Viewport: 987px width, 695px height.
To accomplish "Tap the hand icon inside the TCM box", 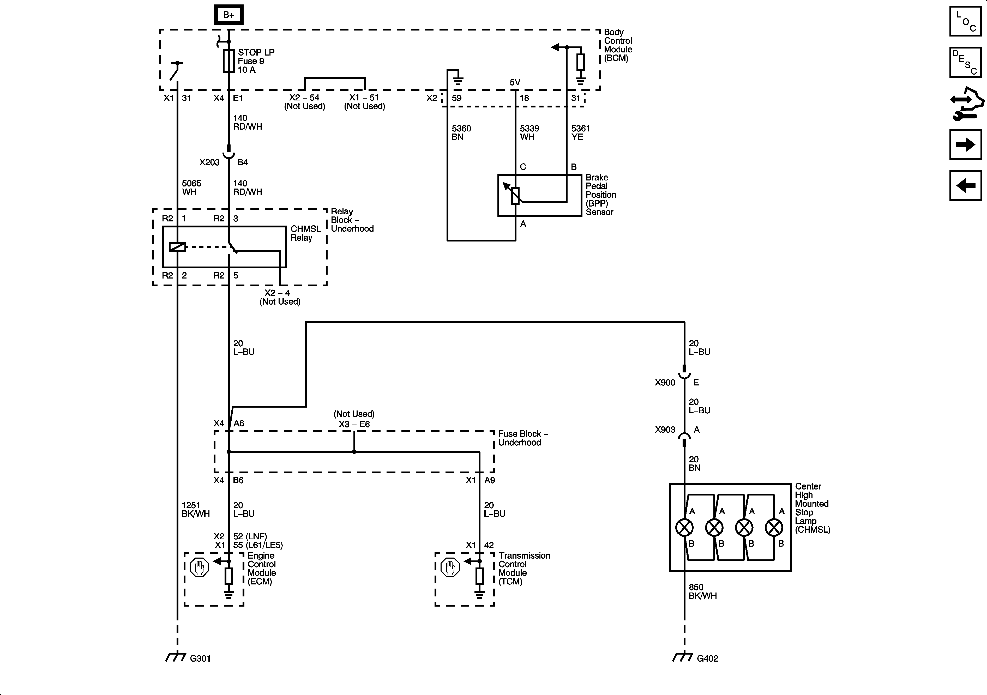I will click(450, 567).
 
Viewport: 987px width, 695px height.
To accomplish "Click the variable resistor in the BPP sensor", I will click(515, 196).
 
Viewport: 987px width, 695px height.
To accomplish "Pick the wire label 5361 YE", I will click(580, 133).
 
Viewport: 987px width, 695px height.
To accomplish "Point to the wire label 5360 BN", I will click(461, 133).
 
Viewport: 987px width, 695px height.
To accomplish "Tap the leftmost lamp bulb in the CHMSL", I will click(684, 527).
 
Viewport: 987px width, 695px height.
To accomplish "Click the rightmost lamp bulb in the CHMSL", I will click(774, 527).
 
